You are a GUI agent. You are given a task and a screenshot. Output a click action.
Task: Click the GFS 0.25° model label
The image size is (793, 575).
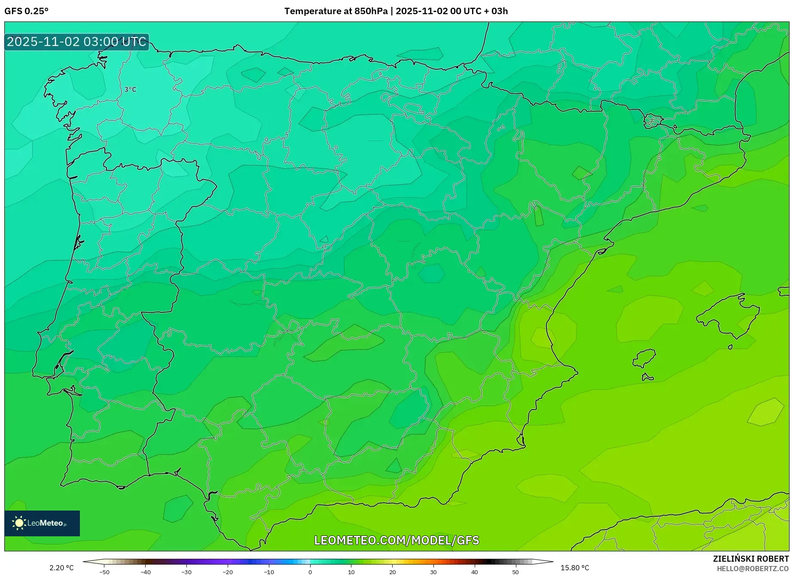tap(26, 11)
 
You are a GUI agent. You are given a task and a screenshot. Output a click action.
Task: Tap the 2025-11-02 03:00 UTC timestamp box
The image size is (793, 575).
tap(77, 42)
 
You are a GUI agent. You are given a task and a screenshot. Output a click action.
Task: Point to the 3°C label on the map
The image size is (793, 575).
tap(130, 89)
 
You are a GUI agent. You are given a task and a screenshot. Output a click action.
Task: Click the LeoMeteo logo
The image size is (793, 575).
tap(42, 523)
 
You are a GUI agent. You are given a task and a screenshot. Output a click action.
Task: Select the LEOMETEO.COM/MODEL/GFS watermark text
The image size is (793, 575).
tap(396, 540)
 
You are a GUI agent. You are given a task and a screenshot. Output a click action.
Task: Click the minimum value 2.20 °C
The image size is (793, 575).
tap(61, 568)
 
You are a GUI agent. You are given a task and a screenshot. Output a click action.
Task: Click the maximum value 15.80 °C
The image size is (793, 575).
tap(575, 568)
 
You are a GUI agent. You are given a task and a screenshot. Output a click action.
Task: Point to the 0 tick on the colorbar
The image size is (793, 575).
tap(310, 572)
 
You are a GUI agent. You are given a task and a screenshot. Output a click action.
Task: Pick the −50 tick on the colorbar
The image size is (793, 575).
tap(104, 572)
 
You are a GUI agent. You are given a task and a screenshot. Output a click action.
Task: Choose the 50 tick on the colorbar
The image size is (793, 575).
tap(515, 572)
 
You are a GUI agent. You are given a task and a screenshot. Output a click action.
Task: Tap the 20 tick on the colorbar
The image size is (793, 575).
tap(392, 572)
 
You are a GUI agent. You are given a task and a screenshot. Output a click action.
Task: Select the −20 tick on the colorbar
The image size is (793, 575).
tap(228, 572)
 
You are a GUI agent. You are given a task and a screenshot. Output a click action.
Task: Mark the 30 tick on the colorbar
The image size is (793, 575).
tap(433, 572)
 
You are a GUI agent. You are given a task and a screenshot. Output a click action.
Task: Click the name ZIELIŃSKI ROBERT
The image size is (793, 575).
tap(750, 559)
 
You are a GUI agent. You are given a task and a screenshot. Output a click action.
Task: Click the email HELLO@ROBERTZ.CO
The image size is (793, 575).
tap(752, 569)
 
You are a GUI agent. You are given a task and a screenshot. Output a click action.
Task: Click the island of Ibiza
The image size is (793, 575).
tap(644, 358)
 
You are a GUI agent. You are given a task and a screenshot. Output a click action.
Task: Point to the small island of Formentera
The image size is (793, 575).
tap(647, 377)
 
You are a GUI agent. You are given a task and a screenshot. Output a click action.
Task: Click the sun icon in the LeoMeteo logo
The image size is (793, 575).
tap(19, 523)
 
